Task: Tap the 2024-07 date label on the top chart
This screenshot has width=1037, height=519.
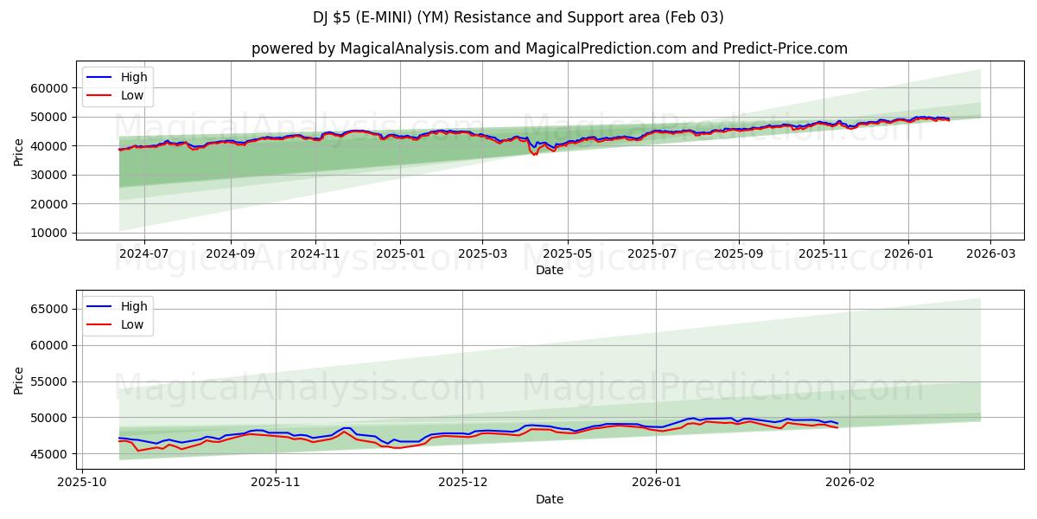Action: click(x=143, y=254)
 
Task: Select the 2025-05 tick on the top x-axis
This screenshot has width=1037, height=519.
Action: click(x=568, y=254)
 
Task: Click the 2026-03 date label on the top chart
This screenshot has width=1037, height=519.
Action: click(x=990, y=254)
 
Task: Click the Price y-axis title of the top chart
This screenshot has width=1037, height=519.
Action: click(x=19, y=151)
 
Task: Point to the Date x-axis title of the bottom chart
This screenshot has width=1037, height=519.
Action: click(x=549, y=499)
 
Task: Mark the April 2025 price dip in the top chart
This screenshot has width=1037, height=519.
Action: click(x=535, y=153)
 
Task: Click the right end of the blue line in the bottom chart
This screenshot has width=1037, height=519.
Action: click(x=837, y=423)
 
